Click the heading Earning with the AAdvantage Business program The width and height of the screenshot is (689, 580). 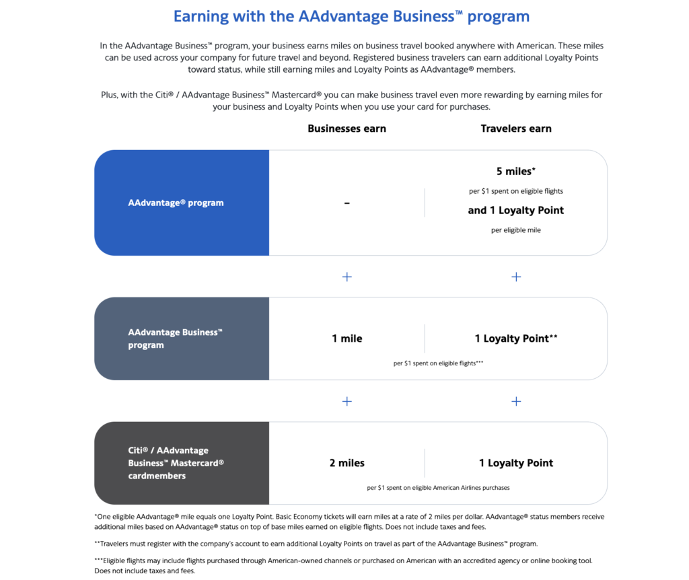[x=351, y=17]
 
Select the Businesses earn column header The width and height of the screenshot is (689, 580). [x=347, y=129]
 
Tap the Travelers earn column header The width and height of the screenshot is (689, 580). [x=516, y=129]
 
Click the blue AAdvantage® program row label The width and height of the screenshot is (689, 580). [x=176, y=203]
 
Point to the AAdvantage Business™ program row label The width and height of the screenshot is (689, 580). [x=175, y=338]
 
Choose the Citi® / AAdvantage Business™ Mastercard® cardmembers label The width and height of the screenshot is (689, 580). [x=176, y=463]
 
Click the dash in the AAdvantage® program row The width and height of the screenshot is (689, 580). [x=347, y=203]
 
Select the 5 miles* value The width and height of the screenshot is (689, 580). [x=516, y=172]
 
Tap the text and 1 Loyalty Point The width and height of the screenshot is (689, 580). [x=516, y=211]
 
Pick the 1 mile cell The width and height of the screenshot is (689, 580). [x=347, y=338]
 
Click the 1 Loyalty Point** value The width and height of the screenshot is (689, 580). [x=516, y=338]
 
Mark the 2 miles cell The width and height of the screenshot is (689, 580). [x=347, y=463]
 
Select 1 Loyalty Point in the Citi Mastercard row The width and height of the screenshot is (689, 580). [x=516, y=463]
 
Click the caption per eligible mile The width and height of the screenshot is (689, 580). [x=516, y=230]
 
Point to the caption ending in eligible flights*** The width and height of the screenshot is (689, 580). [x=438, y=363]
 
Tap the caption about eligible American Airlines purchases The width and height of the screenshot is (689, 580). [x=438, y=488]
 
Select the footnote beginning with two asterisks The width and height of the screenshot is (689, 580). [x=316, y=543]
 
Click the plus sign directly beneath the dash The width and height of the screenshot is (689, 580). [x=347, y=277]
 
